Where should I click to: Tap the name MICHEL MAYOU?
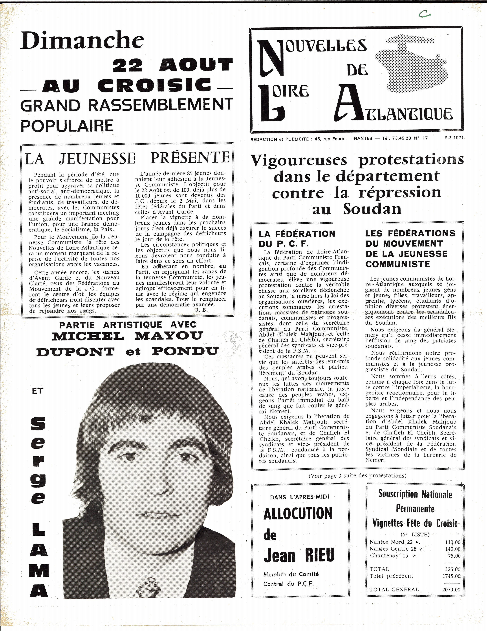[x=127, y=336]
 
